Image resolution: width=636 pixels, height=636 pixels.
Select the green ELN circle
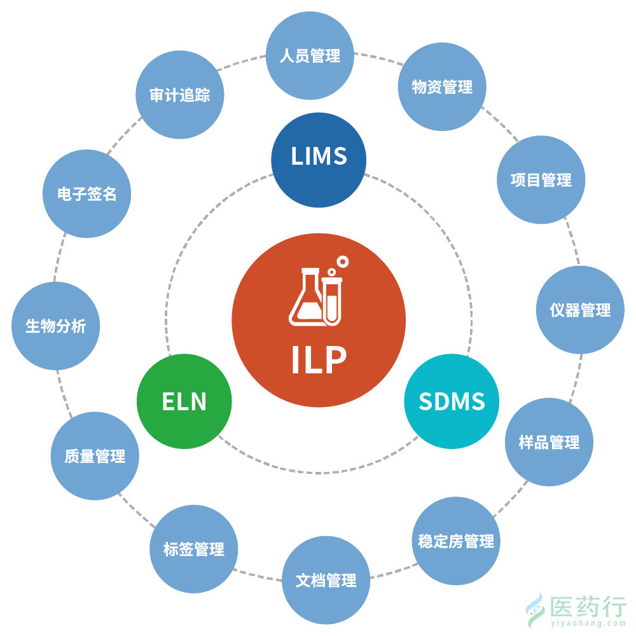click(x=184, y=401)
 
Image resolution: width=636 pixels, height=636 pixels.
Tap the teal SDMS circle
click(x=452, y=401)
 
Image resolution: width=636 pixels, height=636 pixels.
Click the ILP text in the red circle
click(x=319, y=360)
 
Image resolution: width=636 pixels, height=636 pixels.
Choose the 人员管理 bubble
click(x=310, y=56)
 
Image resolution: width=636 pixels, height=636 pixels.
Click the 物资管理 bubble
click(x=442, y=87)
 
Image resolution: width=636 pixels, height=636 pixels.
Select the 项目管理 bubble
click(x=541, y=180)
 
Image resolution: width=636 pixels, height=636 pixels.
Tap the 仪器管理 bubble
click(x=580, y=310)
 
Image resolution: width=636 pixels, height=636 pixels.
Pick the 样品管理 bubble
click(x=549, y=442)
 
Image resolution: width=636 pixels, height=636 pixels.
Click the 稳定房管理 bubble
click(x=456, y=541)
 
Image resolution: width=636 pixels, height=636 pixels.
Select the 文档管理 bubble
click(x=326, y=580)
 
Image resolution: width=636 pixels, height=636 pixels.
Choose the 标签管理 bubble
click(x=193, y=550)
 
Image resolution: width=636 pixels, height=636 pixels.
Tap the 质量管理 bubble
click(x=95, y=456)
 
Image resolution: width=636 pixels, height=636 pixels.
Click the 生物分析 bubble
click(x=56, y=326)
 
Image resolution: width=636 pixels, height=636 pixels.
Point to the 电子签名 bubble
click(x=87, y=194)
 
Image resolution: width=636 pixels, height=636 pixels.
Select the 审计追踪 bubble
click(x=180, y=95)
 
